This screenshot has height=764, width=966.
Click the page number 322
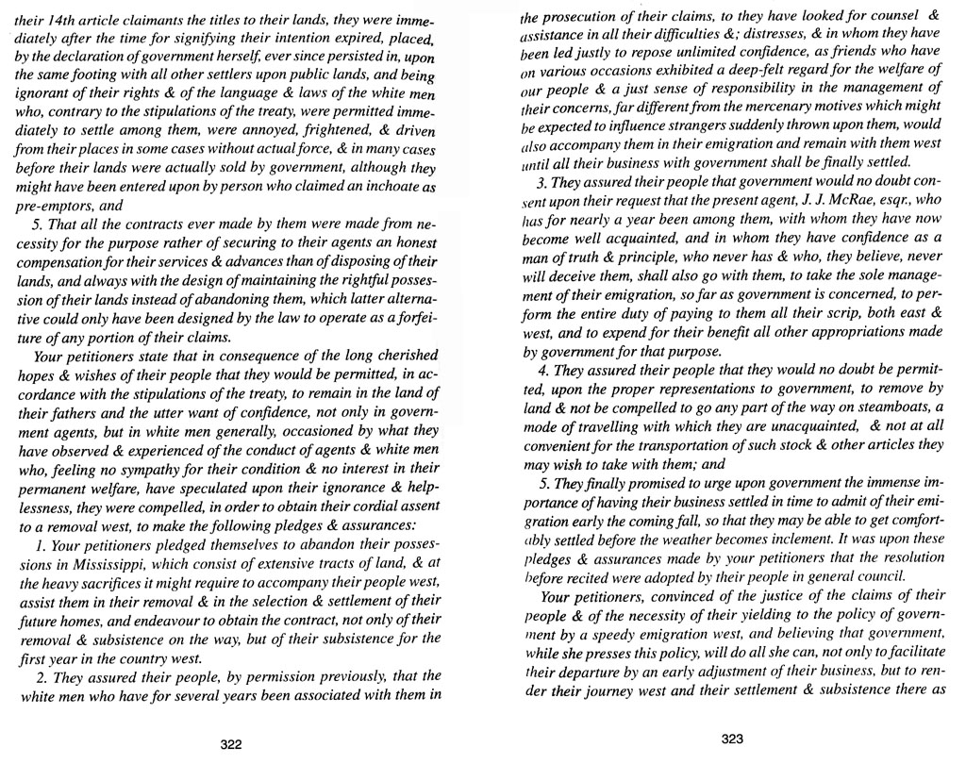click(x=231, y=743)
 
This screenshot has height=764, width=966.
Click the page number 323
click(x=734, y=739)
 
